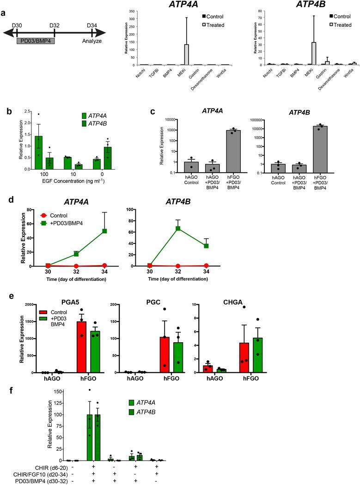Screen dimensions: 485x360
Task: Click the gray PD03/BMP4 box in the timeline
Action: point(36,42)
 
